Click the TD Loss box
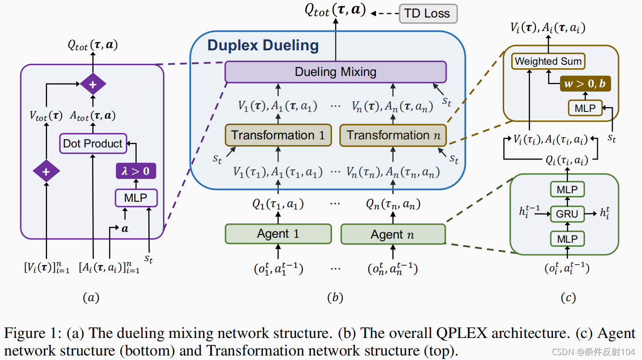click(428, 13)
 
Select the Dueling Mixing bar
click(335, 72)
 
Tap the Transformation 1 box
click(278, 135)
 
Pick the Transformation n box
click(393, 135)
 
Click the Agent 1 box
click(278, 234)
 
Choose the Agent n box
click(393, 234)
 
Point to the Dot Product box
click(93, 144)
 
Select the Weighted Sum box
click(548, 61)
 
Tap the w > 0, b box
click(585, 84)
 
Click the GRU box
click(567, 214)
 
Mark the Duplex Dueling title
click(263, 45)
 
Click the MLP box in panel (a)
click(136, 198)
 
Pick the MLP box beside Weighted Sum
click(585, 108)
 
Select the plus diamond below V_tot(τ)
click(46, 171)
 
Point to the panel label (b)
click(335, 297)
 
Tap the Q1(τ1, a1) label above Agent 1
click(278, 204)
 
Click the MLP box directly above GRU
click(567, 190)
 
